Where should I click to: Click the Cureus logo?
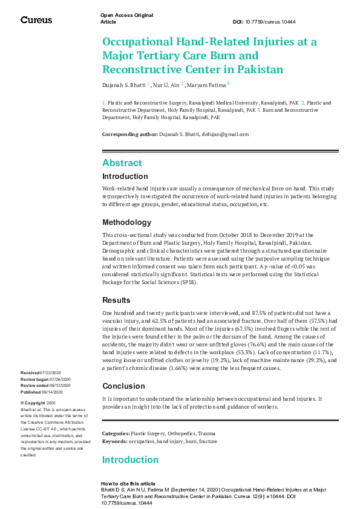tap(36, 20)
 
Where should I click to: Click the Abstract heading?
tap(122, 163)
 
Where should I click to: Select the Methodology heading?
tap(126, 222)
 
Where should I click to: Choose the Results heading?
tap(116, 300)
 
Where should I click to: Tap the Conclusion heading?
tap(123, 386)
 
